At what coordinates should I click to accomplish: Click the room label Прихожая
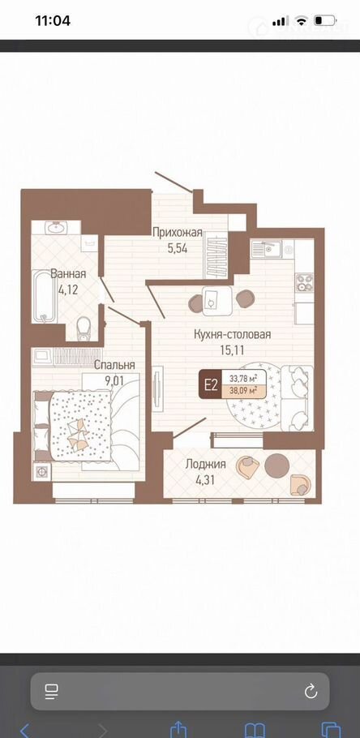tap(178, 233)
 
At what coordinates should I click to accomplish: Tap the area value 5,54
tap(178, 248)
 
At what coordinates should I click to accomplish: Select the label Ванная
tap(68, 274)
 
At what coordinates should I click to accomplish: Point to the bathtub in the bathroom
tap(45, 296)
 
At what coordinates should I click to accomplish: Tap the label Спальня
tap(114, 365)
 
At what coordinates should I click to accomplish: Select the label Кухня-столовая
tap(233, 335)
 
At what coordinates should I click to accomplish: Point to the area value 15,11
tap(233, 350)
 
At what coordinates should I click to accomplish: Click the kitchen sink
tap(266, 248)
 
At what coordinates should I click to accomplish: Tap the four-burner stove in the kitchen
tap(304, 282)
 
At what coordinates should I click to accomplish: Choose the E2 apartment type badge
tap(210, 384)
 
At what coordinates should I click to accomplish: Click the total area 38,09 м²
tap(242, 391)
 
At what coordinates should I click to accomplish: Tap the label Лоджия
tap(205, 464)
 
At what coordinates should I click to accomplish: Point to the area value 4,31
tap(206, 479)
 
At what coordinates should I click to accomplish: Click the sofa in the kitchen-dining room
tap(297, 397)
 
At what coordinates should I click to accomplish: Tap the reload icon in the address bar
tap(311, 691)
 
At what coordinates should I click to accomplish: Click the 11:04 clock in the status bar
tap(53, 21)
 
